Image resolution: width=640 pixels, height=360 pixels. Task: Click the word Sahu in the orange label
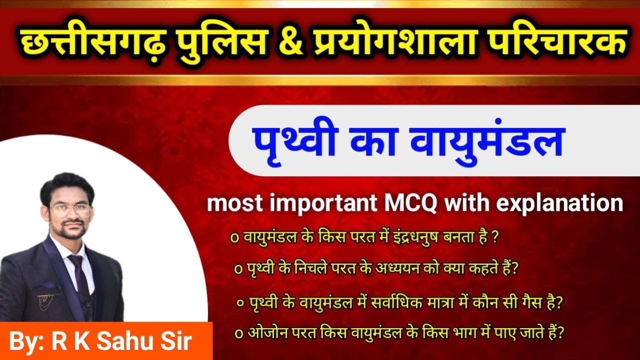point(122,342)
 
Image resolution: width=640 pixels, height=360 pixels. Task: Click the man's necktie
point(78,272)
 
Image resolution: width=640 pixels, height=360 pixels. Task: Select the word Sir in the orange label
point(176,342)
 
